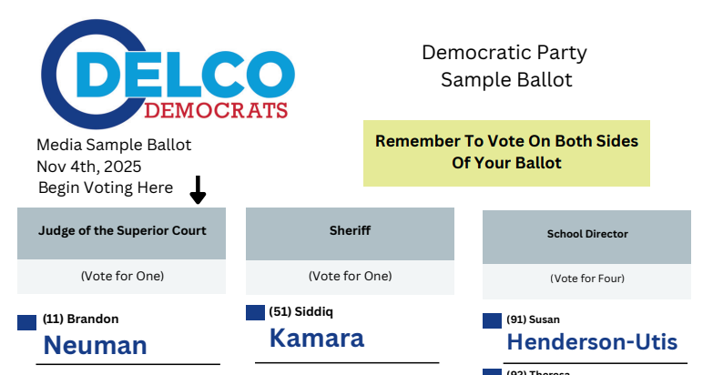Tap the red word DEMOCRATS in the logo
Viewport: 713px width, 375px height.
point(217,110)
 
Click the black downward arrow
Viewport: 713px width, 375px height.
point(198,190)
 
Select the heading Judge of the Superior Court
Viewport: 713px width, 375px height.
point(122,230)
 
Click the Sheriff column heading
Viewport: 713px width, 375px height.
point(350,230)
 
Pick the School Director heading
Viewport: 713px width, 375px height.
point(587,234)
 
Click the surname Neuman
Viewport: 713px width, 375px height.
point(95,345)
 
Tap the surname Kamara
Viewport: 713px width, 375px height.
point(316,338)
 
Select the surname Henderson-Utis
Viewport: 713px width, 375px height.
point(592,342)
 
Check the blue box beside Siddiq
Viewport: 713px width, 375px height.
point(255,312)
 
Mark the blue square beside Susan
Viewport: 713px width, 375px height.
point(492,320)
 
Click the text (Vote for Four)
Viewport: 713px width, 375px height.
point(587,279)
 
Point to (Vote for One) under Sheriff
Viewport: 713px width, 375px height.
point(350,276)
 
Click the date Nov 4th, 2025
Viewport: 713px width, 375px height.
point(89,167)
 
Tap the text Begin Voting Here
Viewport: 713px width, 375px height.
point(106,187)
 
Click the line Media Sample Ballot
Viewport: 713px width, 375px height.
point(114,146)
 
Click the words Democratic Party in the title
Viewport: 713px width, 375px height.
point(504,53)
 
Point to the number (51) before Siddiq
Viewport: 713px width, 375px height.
point(280,312)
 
